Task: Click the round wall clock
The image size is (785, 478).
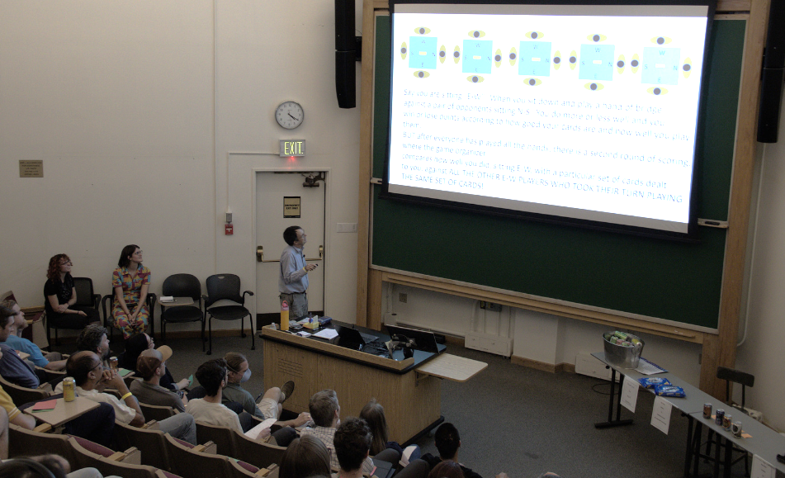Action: (289, 115)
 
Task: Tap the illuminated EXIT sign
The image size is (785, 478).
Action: (292, 148)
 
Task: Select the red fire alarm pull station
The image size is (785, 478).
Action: (229, 229)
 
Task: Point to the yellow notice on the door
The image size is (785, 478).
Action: (291, 206)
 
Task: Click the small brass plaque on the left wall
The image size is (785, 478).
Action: (31, 168)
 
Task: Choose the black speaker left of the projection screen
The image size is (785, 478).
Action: (345, 54)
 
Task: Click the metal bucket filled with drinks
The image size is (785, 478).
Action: (622, 348)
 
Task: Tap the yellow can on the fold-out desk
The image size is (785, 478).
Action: (69, 389)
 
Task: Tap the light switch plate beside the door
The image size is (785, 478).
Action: (348, 227)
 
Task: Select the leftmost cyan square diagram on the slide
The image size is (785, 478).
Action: (423, 52)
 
